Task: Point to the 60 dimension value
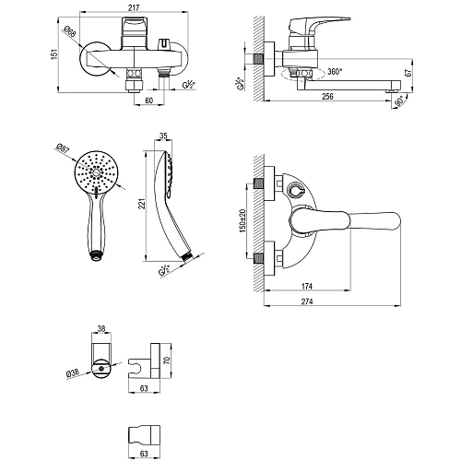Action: [x=149, y=102]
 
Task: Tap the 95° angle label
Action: [x=403, y=102]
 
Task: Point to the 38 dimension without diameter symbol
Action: [x=103, y=325]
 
